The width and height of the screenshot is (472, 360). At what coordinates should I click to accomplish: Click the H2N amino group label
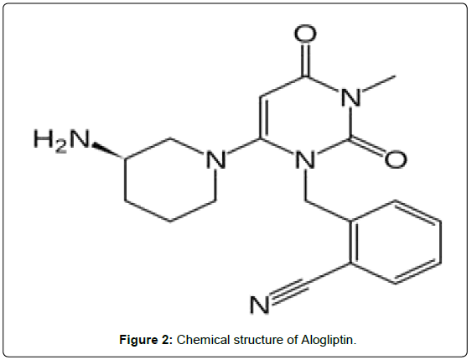[x=62, y=140]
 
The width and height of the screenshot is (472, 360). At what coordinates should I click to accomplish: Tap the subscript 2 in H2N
[x=60, y=147]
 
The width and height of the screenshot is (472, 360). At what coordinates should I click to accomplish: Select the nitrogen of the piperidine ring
[x=216, y=160]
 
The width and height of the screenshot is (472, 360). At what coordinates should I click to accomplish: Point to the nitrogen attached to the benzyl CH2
[x=305, y=160]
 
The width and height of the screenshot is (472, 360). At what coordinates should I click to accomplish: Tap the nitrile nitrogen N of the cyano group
[x=259, y=305]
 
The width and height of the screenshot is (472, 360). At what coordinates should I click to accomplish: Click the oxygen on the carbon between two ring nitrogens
[x=396, y=159]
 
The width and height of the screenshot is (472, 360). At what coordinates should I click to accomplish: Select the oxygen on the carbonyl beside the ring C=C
[x=305, y=34]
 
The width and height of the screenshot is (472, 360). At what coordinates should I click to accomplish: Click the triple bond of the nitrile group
[x=290, y=290]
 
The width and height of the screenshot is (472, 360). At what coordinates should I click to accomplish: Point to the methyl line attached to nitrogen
[x=378, y=83]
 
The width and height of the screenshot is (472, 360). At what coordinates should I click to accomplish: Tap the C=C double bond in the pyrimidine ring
[x=262, y=117]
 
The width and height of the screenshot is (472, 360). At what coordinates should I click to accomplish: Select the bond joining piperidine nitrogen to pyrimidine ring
[x=242, y=147]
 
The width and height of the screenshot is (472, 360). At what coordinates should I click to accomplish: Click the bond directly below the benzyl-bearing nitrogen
[x=305, y=185]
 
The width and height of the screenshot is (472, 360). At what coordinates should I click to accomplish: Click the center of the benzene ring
[x=396, y=243]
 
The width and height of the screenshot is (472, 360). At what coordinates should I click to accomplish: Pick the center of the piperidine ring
[x=170, y=180]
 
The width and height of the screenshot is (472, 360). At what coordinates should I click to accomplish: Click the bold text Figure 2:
[x=146, y=340]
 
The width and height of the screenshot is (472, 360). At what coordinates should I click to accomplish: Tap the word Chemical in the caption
[x=203, y=340]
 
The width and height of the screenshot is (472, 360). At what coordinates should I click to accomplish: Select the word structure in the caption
[x=258, y=340]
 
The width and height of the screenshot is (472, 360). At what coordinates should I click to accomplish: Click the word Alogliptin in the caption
[x=329, y=341]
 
